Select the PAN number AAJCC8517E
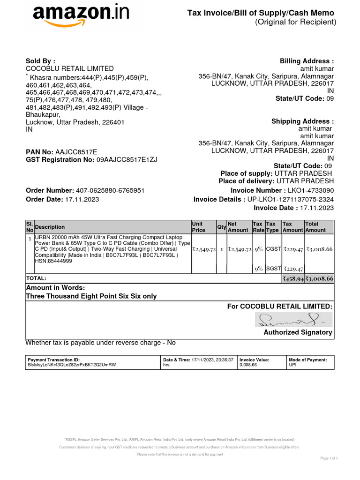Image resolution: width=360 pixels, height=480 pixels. [76, 152]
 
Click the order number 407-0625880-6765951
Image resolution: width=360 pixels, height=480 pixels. [110, 191]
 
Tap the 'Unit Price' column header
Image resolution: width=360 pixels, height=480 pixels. [198, 227]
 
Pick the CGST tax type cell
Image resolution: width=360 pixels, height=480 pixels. [273, 249]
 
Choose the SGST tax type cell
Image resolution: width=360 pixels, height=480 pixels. [273, 269]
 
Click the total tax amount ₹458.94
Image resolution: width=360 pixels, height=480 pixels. [292, 278]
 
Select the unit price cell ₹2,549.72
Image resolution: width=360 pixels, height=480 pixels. [203, 249]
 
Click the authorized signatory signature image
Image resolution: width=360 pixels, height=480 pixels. [293, 320]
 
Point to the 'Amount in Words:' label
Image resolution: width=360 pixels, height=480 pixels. [55, 288]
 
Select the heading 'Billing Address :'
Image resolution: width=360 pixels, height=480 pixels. [307, 61]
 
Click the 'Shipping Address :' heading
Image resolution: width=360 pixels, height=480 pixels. [302, 121]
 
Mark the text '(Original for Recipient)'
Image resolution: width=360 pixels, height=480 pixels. [295, 22]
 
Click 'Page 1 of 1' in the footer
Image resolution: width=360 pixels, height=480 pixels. [329, 458]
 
